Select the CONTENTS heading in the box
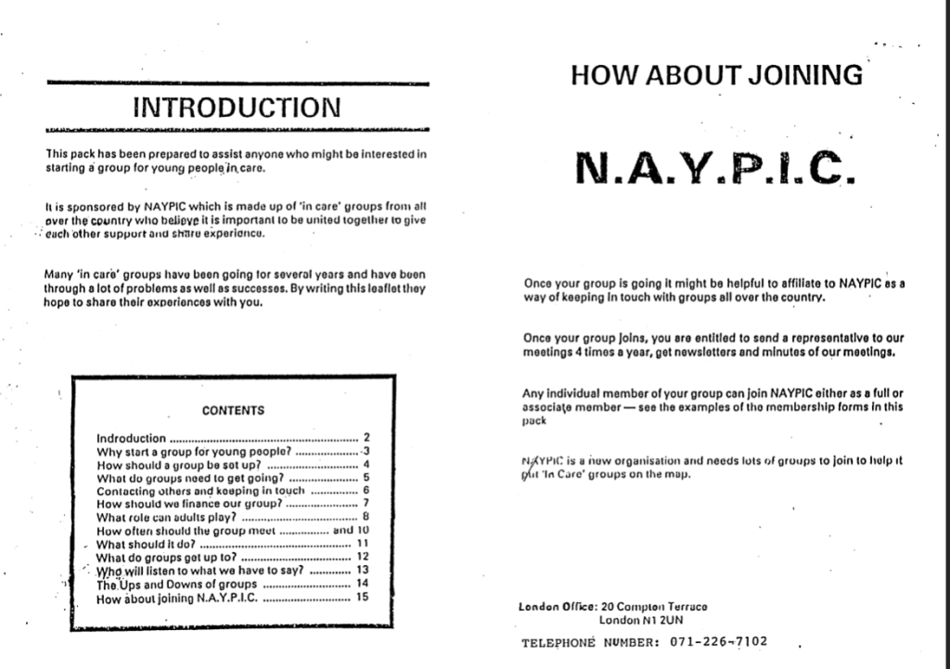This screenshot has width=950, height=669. click(x=233, y=410)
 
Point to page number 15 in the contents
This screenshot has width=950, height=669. click(x=363, y=598)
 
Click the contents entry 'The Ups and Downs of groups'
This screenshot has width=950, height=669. click(x=176, y=585)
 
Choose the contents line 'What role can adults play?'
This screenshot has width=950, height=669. click(x=167, y=517)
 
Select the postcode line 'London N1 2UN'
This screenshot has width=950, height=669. click(x=641, y=619)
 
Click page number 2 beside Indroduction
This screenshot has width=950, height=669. click(x=366, y=438)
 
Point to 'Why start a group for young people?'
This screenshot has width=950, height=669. click(x=195, y=451)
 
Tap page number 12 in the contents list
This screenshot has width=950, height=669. click(x=363, y=557)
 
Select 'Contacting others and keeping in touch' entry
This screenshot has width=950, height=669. click(x=200, y=490)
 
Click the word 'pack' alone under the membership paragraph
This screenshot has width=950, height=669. click(x=534, y=420)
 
